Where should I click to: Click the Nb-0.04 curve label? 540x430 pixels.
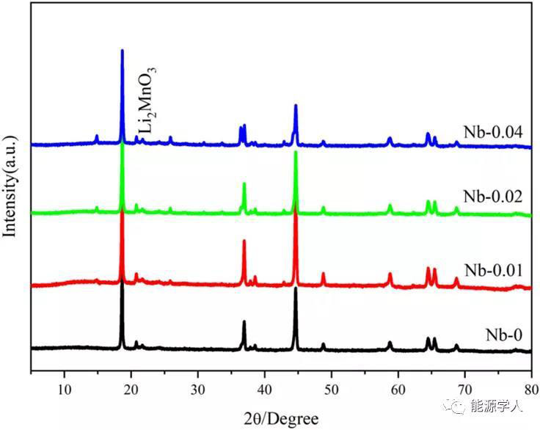[492, 133]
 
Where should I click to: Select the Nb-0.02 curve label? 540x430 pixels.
[492, 197]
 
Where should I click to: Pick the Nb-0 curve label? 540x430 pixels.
[503, 335]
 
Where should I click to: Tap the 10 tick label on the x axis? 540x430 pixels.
[65, 389]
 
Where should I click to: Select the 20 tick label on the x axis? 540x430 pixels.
[131, 389]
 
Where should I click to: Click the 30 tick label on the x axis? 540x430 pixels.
[198, 389]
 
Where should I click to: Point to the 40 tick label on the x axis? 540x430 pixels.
[265, 389]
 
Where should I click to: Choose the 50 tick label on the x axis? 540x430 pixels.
[332, 389]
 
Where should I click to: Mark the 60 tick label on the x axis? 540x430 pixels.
[398, 389]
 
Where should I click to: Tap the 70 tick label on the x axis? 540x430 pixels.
[465, 389]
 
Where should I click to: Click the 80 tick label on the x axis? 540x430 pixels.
[531, 389]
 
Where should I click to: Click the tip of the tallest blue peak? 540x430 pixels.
[123, 51]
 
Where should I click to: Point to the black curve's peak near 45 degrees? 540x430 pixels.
[296, 289]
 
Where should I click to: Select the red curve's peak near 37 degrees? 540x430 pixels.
[244, 241]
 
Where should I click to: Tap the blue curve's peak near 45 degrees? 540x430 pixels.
[296, 106]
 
